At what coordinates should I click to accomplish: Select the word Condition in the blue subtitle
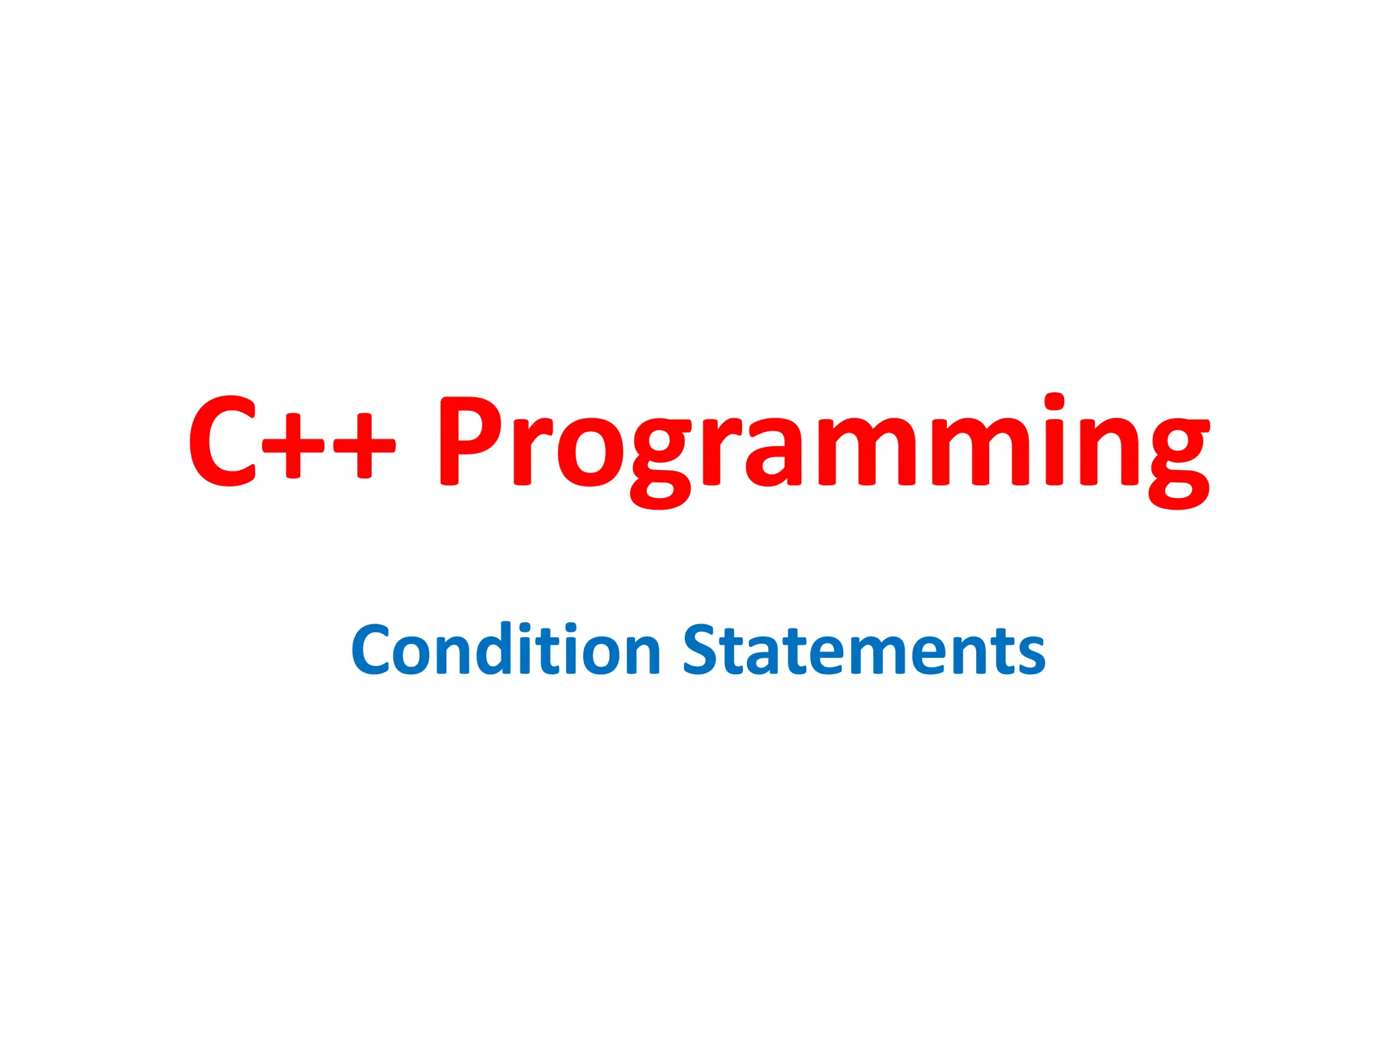click(x=505, y=650)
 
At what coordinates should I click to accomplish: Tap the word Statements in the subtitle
click(x=864, y=650)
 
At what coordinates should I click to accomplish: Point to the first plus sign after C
click(x=293, y=446)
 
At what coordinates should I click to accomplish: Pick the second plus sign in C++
click(x=364, y=446)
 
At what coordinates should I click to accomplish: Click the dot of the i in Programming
click(x=1055, y=402)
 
